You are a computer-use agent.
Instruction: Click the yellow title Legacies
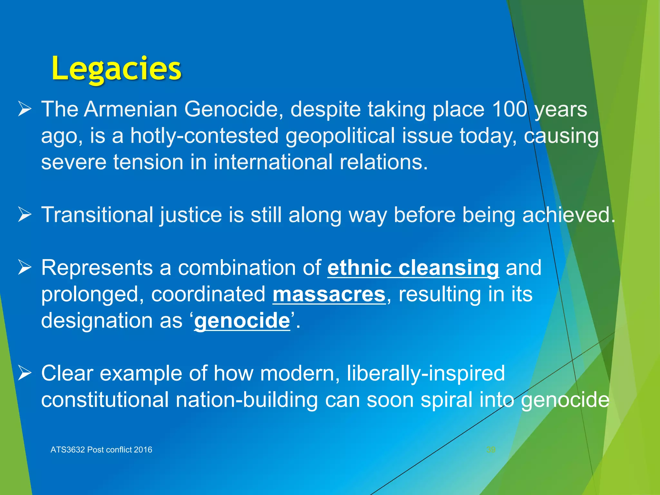[x=116, y=69]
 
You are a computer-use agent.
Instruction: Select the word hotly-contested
[x=204, y=136]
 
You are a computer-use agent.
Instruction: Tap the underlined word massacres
[x=329, y=294]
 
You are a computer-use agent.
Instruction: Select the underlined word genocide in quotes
[x=242, y=321]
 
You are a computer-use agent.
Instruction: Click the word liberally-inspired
[x=426, y=374]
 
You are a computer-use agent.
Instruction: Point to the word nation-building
[x=247, y=400]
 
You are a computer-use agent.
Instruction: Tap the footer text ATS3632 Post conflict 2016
[x=101, y=450]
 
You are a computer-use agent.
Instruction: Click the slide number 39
[x=491, y=450]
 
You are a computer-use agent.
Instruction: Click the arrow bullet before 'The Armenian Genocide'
[x=24, y=109]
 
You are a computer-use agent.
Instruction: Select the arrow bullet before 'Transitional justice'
[x=24, y=215]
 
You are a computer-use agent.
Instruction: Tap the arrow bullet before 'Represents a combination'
[x=24, y=268]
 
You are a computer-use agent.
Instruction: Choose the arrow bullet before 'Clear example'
[x=24, y=374]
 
